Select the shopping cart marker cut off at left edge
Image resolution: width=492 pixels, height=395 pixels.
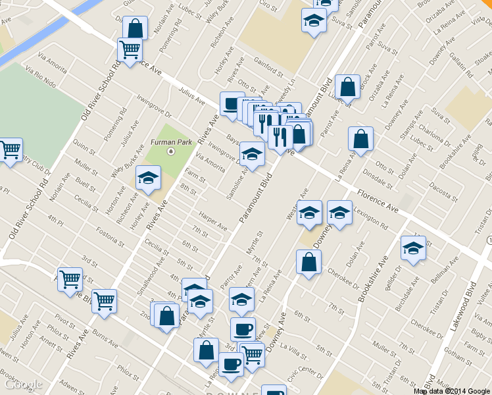(10, 151)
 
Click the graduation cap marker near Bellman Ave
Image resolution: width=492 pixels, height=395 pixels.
(413, 248)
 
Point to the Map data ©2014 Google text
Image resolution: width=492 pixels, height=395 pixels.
(451, 390)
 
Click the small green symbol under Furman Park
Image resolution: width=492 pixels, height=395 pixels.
(170, 151)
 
